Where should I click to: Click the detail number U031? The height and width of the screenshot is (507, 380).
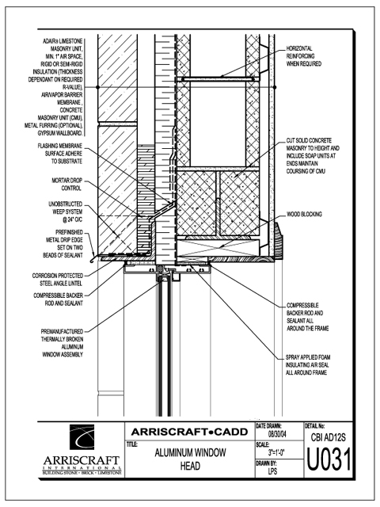point(329,459)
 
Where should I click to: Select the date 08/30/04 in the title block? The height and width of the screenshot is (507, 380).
point(277,434)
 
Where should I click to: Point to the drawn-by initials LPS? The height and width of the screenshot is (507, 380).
point(272,471)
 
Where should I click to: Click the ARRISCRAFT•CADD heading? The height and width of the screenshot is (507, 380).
point(190,432)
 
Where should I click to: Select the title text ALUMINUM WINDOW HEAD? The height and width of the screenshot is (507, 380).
point(190,459)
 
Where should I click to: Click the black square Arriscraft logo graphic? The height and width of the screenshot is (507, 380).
point(82,437)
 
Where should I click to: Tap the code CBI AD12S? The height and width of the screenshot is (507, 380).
point(329,437)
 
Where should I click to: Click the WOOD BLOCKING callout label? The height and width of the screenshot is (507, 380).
point(304,214)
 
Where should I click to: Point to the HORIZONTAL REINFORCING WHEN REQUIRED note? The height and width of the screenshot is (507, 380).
point(304,56)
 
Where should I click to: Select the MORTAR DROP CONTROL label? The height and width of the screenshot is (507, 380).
point(66,185)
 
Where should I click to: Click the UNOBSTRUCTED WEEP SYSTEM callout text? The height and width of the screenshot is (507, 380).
point(66,212)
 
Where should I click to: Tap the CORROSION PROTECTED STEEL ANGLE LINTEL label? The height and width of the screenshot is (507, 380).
point(58,280)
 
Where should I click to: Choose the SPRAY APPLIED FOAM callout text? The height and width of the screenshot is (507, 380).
point(308,365)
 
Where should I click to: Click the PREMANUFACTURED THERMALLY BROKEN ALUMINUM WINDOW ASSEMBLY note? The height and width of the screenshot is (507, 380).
point(62,343)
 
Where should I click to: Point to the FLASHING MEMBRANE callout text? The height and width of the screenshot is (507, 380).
point(60,154)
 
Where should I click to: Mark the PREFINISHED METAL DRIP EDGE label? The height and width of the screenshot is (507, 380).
point(63,244)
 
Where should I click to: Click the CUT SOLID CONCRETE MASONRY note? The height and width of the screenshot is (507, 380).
point(313,156)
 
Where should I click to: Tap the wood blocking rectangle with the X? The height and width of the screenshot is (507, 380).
point(218,248)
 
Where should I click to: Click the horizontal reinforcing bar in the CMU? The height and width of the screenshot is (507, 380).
point(217,78)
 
